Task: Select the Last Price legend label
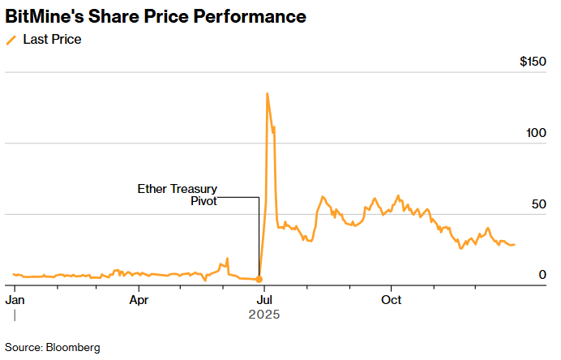click(52, 39)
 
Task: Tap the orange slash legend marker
click(11, 39)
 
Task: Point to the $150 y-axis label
click(532, 62)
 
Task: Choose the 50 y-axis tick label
click(538, 204)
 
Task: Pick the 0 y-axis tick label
click(542, 275)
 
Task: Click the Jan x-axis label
click(15, 299)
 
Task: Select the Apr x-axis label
click(139, 299)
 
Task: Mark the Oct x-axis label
click(392, 299)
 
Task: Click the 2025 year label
click(264, 314)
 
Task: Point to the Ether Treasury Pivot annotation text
click(177, 195)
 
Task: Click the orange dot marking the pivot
click(259, 279)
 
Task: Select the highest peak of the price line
click(267, 93)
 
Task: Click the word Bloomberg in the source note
click(72, 347)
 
